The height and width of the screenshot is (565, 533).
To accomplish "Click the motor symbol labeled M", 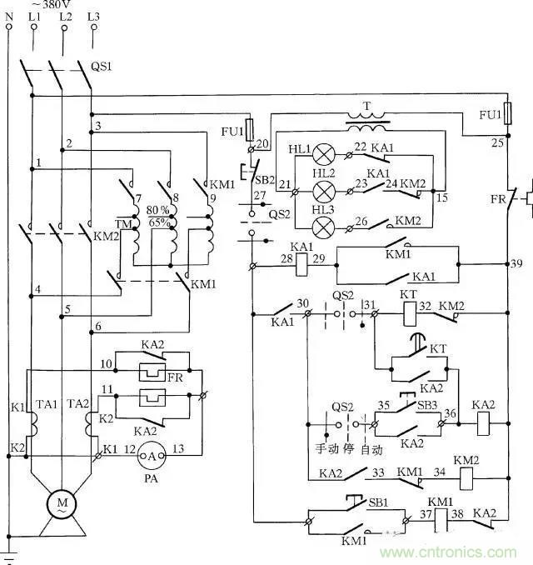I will [x=61, y=502].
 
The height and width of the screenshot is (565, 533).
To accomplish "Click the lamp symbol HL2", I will [x=316, y=191].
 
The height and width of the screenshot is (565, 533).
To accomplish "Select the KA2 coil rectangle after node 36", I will [x=482, y=422].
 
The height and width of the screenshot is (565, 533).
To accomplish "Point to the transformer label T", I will [x=365, y=107].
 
